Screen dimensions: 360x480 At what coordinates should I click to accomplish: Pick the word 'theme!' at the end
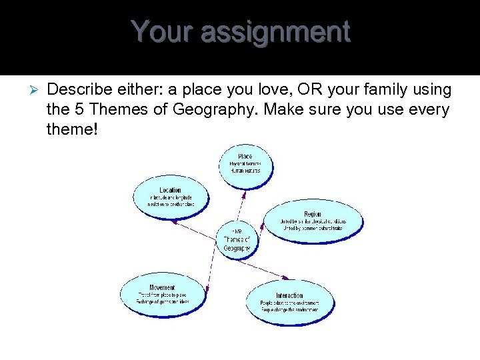(x=72, y=129)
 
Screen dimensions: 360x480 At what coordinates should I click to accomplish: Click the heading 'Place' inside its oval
(x=245, y=157)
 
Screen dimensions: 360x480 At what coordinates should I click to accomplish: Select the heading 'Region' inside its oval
(x=313, y=215)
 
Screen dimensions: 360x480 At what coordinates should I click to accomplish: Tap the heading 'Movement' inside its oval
(x=163, y=288)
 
